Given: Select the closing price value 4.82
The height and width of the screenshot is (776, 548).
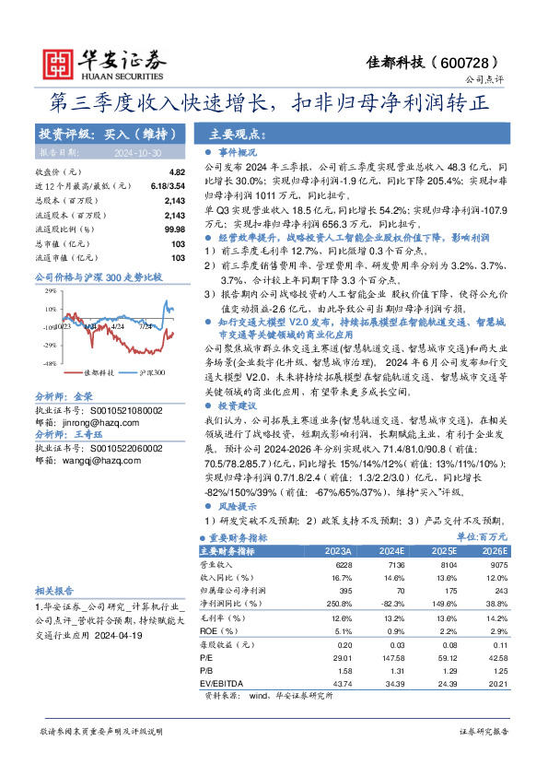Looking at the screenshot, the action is pyautogui.click(x=177, y=172).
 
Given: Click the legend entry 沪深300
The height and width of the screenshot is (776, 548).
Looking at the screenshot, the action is pyautogui.click(x=151, y=372).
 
